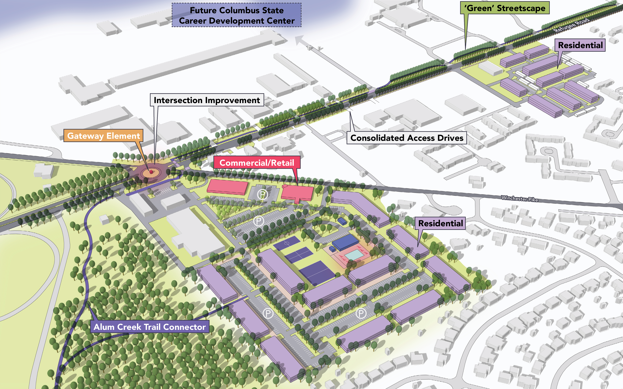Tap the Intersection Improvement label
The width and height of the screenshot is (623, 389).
[207, 100]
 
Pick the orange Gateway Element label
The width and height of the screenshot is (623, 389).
[103, 136]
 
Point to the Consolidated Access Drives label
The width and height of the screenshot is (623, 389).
[407, 138]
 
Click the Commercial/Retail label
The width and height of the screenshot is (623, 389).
[257, 163]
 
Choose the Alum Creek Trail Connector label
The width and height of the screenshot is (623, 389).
[149, 327]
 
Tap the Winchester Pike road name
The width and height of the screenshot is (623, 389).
[519, 198]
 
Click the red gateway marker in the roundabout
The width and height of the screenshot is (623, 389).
[151, 172]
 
